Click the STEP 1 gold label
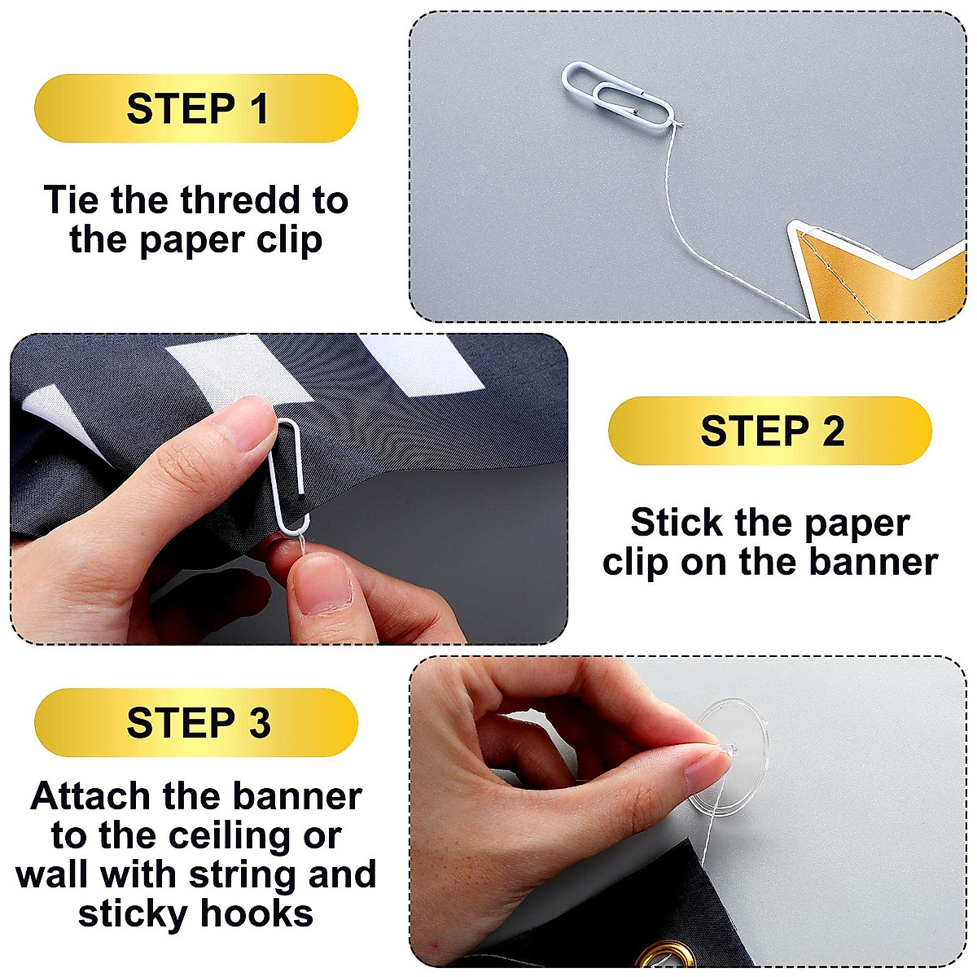point(196,108)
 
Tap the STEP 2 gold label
point(769,431)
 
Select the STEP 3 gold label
point(196,722)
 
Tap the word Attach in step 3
point(90,796)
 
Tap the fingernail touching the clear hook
point(703,765)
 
